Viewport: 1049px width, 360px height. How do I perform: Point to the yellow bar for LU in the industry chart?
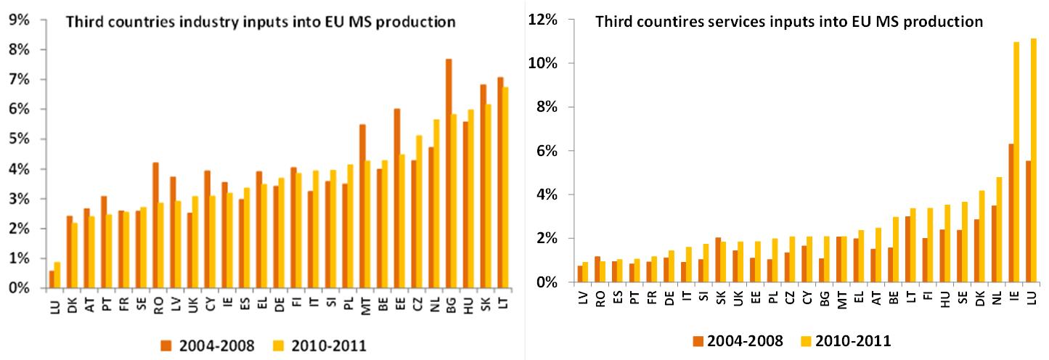tap(57, 275)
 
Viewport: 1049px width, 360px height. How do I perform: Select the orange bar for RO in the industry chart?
tap(155, 225)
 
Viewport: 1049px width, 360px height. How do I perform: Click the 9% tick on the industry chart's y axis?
tap(20, 20)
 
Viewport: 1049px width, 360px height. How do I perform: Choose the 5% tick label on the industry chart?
tap(20, 139)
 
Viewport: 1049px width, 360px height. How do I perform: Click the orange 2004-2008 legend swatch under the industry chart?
tap(168, 346)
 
